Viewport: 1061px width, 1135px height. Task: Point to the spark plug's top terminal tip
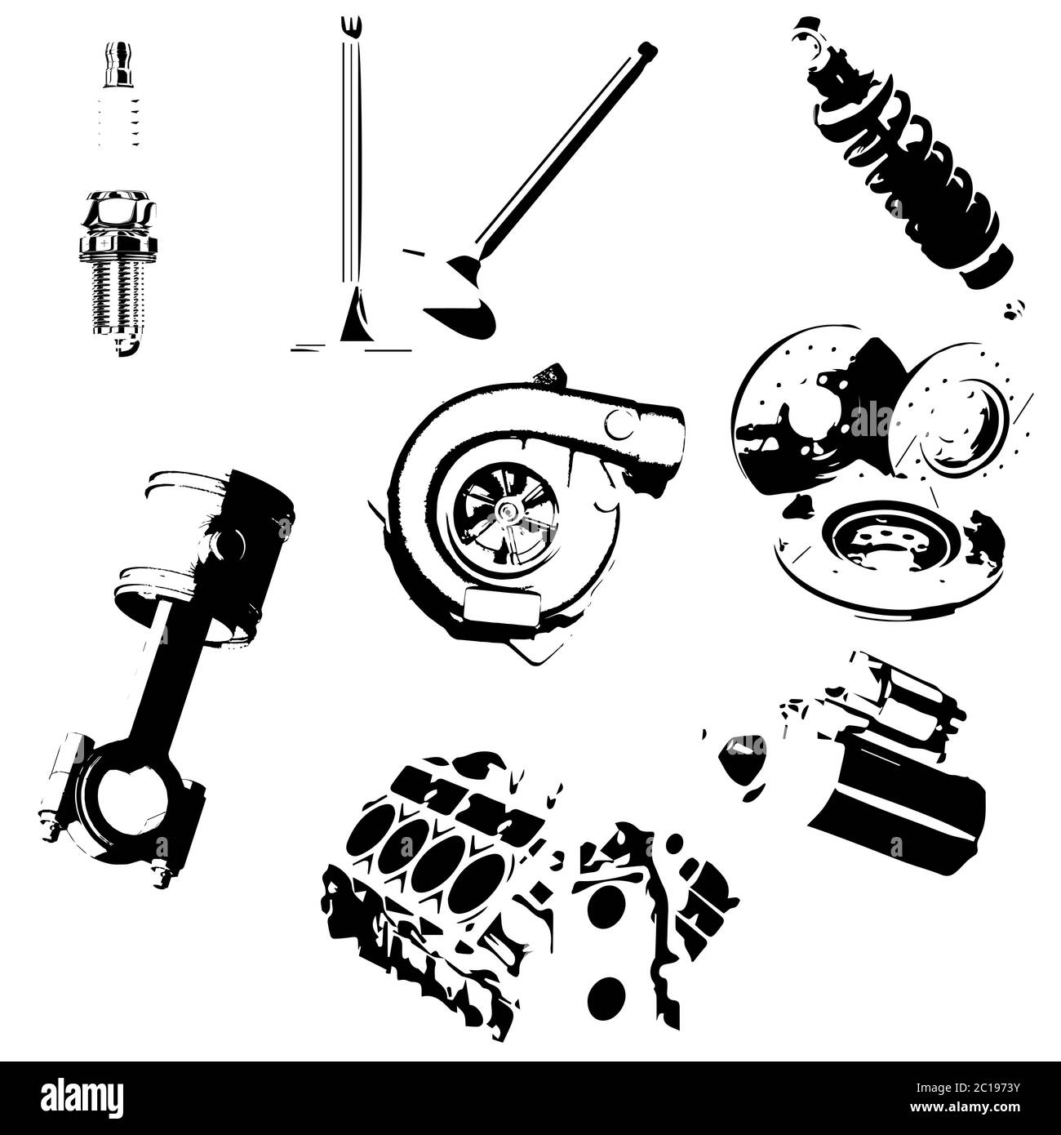[116, 51]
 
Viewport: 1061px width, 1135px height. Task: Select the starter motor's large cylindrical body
[898, 808]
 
